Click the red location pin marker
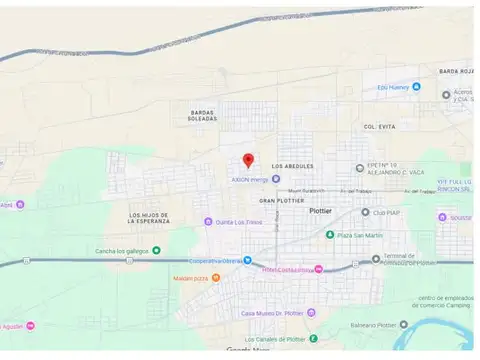click(248, 160)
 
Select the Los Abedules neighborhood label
click(292, 166)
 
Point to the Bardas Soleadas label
click(201, 115)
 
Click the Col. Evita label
click(381, 127)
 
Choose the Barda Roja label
click(455, 71)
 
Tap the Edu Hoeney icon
click(416, 87)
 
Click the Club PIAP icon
click(365, 212)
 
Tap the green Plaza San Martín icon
click(330, 235)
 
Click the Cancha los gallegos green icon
click(156, 251)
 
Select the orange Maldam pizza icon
click(215, 278)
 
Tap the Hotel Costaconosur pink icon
click(318, 268)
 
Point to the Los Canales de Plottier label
click(277, 339)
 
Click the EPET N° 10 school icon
click(360, 168)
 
